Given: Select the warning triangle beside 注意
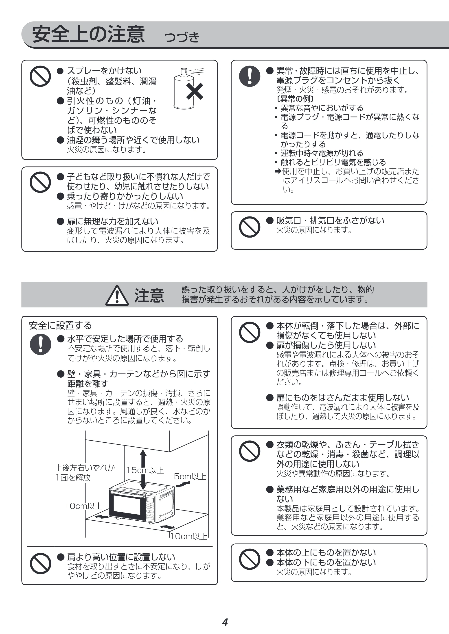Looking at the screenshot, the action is click(117, 295).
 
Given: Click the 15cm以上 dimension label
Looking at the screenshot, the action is click(145, 470).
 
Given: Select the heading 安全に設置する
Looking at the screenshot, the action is click(60, 326).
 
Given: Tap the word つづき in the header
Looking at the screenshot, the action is click(182, 37).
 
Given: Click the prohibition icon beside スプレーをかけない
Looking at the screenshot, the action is click(40, 76).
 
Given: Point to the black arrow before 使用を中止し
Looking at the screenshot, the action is click(278, 171).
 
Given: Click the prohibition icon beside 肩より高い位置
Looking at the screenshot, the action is click(40, 564).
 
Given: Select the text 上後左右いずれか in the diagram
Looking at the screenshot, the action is click(85, 467).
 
